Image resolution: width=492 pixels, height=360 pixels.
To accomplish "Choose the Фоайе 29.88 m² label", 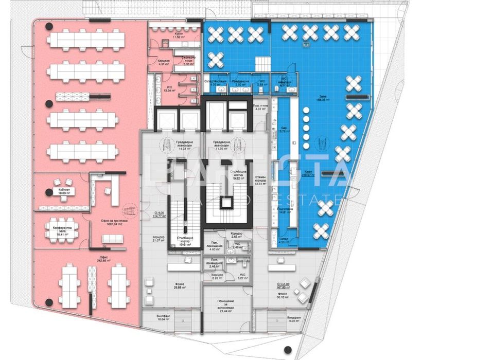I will pyautogui.click(x=179, y=286).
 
